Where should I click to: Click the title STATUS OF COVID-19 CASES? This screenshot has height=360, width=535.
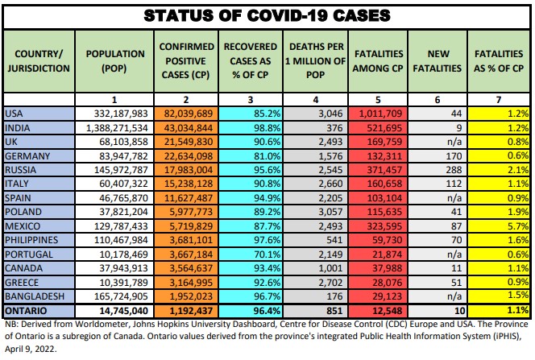(267, 15)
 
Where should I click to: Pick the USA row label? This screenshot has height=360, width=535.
(16, 114)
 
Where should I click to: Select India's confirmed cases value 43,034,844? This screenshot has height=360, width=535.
(186, 128)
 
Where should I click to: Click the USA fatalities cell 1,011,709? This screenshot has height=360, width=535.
(379, 114)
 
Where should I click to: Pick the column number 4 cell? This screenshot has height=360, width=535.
(315, 98)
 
